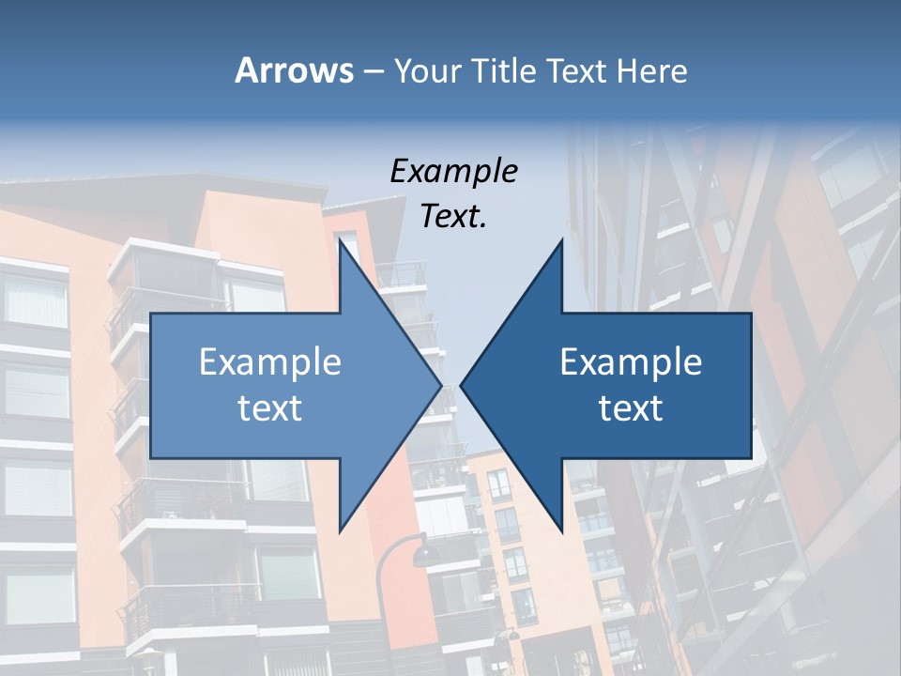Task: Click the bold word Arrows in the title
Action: click(x=294, y=70)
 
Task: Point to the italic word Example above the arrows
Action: click(x=453, y=172)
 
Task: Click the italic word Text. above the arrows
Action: click(x=453, y=216)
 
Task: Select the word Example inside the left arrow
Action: click(x=269, y=362)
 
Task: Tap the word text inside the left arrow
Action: click(x=269, y=407)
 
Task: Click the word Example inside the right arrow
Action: click(x=631, y=362)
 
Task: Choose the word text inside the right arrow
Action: click(x=631, y=407)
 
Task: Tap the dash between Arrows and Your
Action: click(x=373, y=71)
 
